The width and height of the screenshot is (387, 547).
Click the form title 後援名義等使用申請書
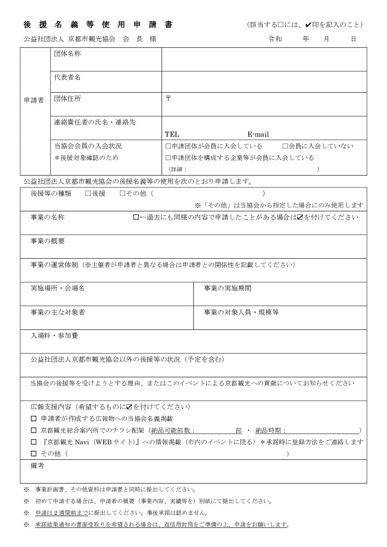pos(98,25)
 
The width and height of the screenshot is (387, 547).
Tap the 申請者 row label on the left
pos(34,100)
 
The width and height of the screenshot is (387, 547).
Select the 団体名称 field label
pos(67,54)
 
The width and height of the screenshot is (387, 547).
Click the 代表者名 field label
pos(67,77)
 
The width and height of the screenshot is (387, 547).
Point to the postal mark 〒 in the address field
pos(168,99)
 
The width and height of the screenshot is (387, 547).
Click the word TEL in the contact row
pos(172,134)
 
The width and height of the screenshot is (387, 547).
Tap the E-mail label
pos(258,134)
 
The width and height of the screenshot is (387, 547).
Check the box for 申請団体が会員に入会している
pos(168,146)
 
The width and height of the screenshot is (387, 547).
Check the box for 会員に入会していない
pos(285,146)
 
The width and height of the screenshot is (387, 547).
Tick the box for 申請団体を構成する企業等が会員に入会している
pos(168,158)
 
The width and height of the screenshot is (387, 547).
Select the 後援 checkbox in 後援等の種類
pos(88,193)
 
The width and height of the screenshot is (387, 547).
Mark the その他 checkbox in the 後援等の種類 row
pos(123,193)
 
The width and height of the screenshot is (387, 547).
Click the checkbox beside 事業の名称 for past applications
pos(136,217)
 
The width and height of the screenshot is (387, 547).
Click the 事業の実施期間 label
pos(228,288)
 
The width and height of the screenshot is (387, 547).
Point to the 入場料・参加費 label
pos(54,336)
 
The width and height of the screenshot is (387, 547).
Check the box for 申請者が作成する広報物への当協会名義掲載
pos(34,418)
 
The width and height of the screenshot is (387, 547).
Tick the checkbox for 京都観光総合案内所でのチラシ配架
pos(34,430)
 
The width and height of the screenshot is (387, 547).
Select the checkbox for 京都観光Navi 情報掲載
pos(34,442)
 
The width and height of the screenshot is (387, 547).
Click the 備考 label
pos(38,466)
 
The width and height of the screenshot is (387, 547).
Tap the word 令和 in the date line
pos(275,39)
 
